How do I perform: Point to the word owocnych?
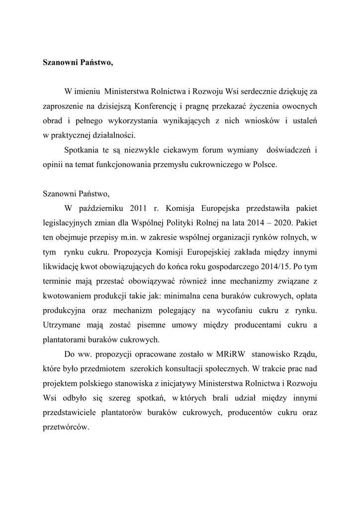300,106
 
